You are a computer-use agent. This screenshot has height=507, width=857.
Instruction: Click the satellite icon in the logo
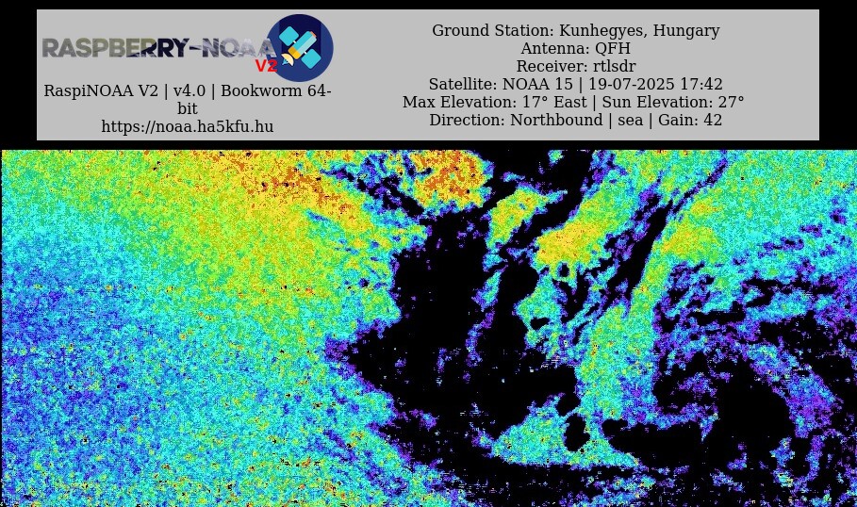click(x=300, y=47)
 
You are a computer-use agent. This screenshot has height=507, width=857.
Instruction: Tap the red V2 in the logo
click(x=267, y=66)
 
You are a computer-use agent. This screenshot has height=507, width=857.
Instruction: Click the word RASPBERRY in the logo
click(x=115, y=48)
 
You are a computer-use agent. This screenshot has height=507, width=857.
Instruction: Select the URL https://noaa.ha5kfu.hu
click(x=188, y=126)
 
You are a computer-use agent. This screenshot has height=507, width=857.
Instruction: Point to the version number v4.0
click(x=190, y=90)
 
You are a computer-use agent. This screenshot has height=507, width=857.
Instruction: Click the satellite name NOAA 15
click(x=537, y=84)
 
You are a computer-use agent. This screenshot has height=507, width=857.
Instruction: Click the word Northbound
click(x=556, y=121)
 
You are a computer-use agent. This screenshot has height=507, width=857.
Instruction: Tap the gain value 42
click(x=714, y=121)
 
